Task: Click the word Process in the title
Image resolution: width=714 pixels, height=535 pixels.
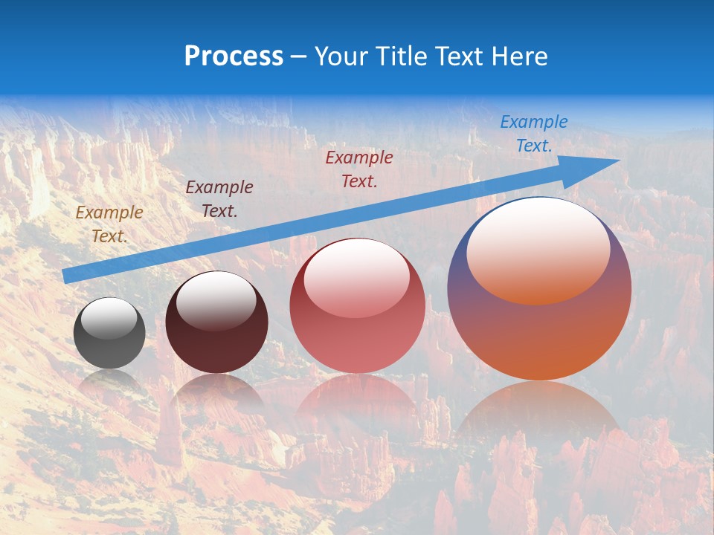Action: (x=234, y=56)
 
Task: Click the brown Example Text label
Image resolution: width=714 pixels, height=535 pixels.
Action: (x=109, y=224)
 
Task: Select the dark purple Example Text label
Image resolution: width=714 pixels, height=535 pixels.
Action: (x=219, y=199)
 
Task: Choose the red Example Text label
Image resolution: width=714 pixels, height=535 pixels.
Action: (x=359, y=169)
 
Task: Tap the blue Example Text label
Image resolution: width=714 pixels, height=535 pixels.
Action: (x=534, y=134)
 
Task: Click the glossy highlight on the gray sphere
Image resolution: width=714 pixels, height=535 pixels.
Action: (x=109, y=318)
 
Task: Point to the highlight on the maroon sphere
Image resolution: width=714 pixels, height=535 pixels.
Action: (x=216, y=300)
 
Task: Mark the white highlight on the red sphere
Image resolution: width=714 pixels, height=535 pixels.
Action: (x=356, y=279)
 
